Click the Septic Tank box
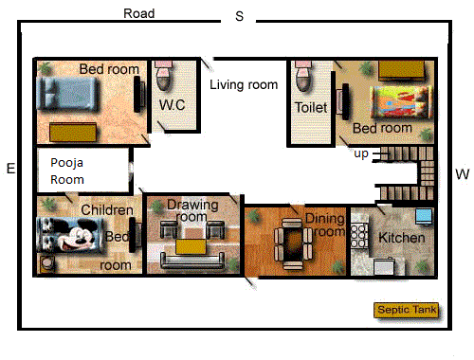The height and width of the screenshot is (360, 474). point(407,310)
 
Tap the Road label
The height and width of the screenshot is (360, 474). point(139,13)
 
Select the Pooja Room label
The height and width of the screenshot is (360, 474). point(67,171)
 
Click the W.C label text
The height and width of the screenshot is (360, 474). point(172,105)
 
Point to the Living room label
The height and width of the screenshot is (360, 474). point(244,84)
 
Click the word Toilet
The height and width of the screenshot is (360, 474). point(311,107)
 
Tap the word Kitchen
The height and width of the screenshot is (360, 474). point(402,238)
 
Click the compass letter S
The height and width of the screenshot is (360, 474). point(240,16)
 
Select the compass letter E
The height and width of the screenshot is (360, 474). point(11,169)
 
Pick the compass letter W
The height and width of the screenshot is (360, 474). point(463,174)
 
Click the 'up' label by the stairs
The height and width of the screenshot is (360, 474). point(361,154)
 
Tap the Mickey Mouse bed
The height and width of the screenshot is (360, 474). point(70,235)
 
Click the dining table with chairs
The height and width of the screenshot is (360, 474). point(293,243)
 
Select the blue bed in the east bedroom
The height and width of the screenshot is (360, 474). point(67,94)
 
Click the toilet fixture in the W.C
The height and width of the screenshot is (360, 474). point(164,75)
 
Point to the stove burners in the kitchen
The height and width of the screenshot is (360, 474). point(359,235)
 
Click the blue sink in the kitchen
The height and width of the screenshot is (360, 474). point(424,217)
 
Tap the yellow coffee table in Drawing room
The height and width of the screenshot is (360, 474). point(191,246)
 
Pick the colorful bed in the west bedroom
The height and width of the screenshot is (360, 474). point(401,102)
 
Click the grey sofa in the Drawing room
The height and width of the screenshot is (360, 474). point(192,260)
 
